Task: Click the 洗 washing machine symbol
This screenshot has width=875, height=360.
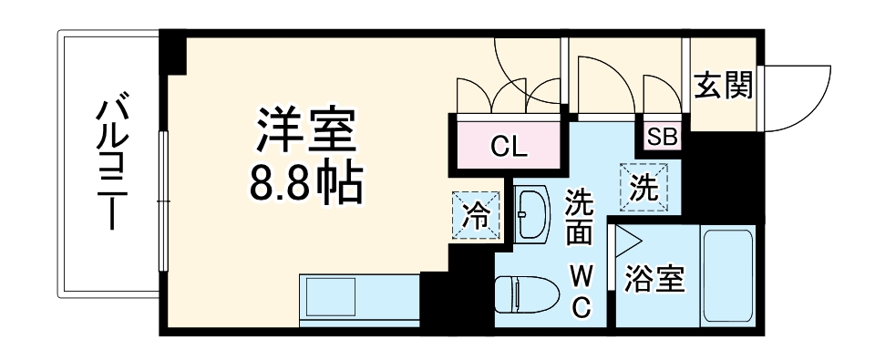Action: [644, 187]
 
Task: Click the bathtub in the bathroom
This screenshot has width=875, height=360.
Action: [726, 276]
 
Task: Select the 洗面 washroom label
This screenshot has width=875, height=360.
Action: [580, 217]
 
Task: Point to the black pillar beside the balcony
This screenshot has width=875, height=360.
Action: [172, 56]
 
